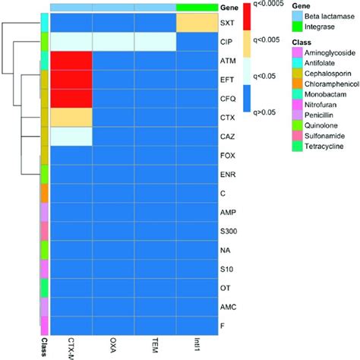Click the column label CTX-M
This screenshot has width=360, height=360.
tap(71, 343)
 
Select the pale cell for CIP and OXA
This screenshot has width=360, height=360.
tap(113, 42)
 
